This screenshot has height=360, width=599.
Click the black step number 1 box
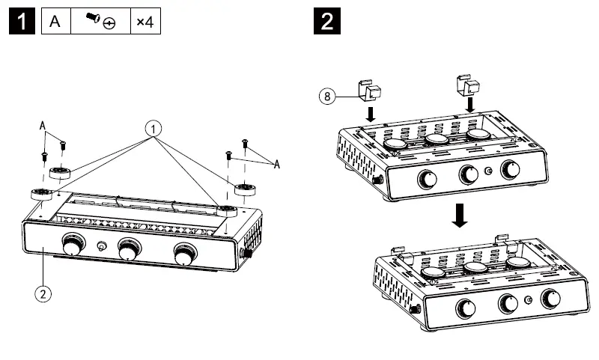pos(23,22)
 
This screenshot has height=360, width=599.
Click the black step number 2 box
pos(327,22)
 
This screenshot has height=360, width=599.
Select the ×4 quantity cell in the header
pos(145,22)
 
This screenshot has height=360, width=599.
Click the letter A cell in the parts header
pos(55,22)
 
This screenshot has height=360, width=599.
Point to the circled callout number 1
pos(153,129)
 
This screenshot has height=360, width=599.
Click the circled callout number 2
pos(44,293)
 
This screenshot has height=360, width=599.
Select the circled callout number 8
pos(326,95)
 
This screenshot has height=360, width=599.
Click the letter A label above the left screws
pos(43,128)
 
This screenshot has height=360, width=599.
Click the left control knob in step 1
pos(73,245)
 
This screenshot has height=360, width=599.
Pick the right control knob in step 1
pos(183,254)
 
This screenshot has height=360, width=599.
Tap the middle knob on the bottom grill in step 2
pos(507,303)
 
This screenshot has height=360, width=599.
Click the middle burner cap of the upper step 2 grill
pos(437,139)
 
